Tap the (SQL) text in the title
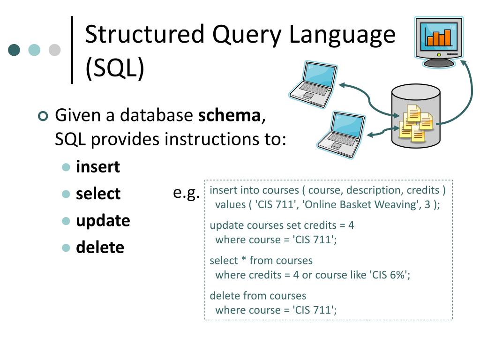pos(115,68)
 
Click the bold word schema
pos(229,115)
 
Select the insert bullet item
pos(98,167)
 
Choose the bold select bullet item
pos(98,194)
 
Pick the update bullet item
pos(103,220)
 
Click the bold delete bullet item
pos(100,247)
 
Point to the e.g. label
pos(186,192)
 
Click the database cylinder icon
pos(415,117)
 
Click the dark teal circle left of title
pos(15,50)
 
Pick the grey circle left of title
pos(55,50)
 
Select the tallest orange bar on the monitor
pos(448,37)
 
